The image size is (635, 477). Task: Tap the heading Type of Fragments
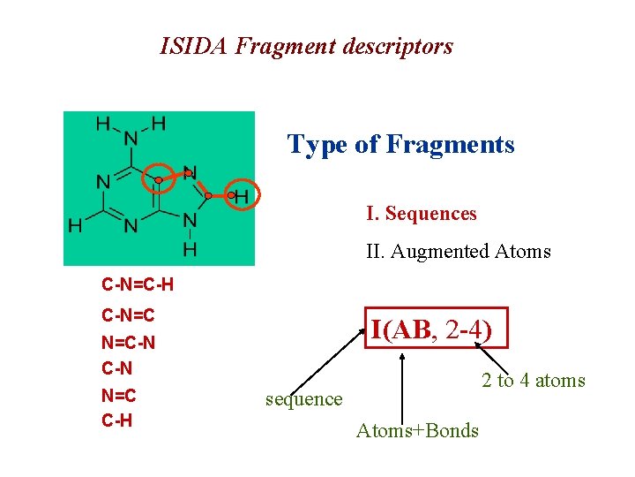coord(400,144)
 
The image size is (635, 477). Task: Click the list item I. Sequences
coord(422,214)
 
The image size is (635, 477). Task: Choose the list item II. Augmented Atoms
coord(458,252)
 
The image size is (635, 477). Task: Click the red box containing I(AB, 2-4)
coord(436,330)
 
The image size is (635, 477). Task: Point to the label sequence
coord(303,399)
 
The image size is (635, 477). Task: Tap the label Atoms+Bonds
coord(417,431)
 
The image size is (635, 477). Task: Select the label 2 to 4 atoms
coord(533,381)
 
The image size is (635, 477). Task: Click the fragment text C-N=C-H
coord(137,285)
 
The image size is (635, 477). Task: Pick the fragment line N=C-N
coord(129,342)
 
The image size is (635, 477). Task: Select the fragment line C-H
coord(117,421)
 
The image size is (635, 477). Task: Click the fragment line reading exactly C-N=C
coord(129,315)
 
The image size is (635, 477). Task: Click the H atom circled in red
coord(240,194)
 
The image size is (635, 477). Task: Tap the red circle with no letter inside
coord(158,179)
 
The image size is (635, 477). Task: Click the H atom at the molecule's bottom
coord(189,251)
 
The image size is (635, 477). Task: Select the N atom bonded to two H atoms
coord(131,137)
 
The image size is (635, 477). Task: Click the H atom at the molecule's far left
coord(76,225)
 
